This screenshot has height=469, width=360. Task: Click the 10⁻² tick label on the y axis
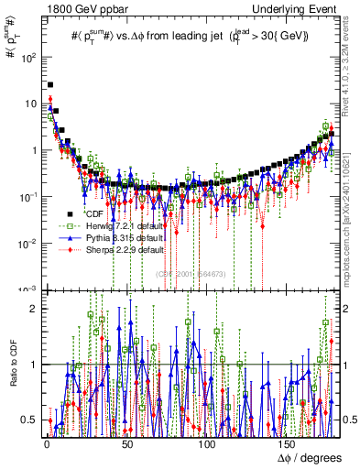click(x=27, y=243)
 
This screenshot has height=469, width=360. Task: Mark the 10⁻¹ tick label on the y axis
click(x=27, y=196)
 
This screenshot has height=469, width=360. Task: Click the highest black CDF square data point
click(x=50, y=85)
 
